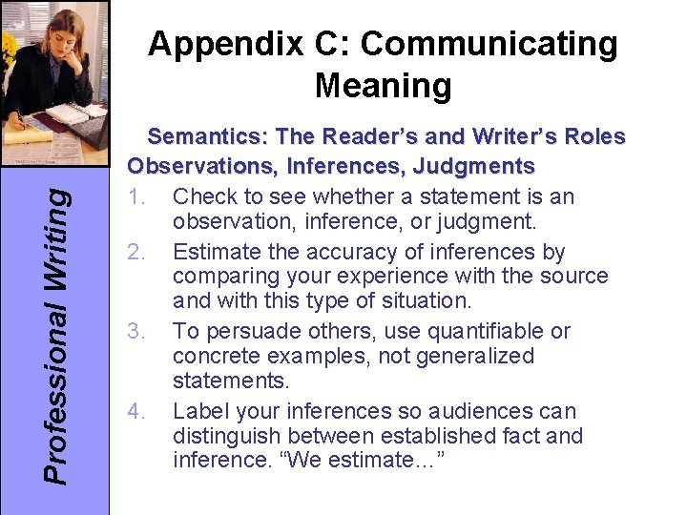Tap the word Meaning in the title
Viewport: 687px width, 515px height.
tap(383, 86)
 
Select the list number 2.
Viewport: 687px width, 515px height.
tap(135, 252)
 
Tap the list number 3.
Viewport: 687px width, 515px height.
tap(135, 332)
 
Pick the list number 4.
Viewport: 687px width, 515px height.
tap(135, 411)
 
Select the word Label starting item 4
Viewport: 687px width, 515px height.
tap(199, 411)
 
